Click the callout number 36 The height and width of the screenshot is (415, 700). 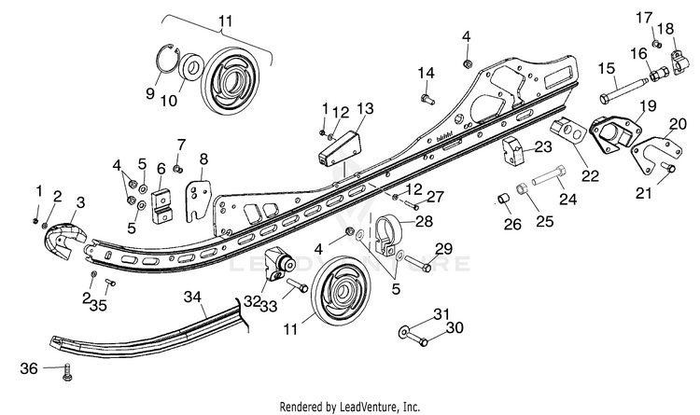pos(29,369)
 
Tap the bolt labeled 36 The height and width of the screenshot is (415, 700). pos(67,372)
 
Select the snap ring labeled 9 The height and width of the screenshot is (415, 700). pos(164,62)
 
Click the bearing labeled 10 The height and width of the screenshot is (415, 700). pos(191,66)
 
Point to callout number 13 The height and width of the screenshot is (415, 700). pos(365,109)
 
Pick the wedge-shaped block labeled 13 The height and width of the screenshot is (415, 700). pos(340,148)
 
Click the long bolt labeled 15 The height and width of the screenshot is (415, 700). pos(623,89)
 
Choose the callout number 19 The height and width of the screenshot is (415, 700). pos(648,106)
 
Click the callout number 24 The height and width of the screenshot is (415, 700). pos(567,199)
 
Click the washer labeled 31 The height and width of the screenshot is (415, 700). pos(403,332)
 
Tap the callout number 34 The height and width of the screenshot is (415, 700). pos(192,297)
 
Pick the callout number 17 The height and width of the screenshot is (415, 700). pos(644,19)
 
